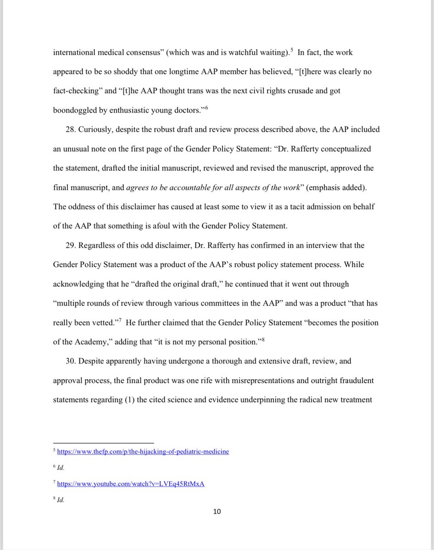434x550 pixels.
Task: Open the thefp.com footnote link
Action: click(143, 451)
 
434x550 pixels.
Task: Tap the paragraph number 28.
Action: click(71, 129)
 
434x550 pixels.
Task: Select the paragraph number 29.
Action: click(71, 245)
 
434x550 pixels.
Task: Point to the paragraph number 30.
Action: click(71, 361)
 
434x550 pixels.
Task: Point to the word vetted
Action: click(102, 323)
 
